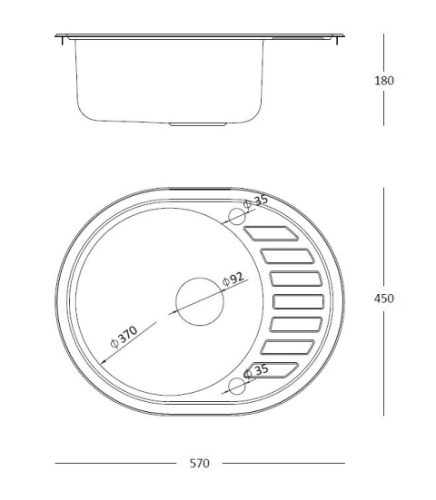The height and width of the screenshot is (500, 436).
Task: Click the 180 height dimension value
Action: pos(384,80)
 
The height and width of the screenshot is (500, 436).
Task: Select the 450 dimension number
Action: pos(384,298)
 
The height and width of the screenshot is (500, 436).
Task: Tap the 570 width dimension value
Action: pos(200,464)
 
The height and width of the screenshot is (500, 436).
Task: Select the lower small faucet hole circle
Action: pos(237,385)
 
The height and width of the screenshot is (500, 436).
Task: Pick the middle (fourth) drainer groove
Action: pos(298,301)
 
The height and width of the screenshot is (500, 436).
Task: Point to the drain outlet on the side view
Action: pos(198,121)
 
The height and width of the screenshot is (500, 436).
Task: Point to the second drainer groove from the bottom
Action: pos(289,346)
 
